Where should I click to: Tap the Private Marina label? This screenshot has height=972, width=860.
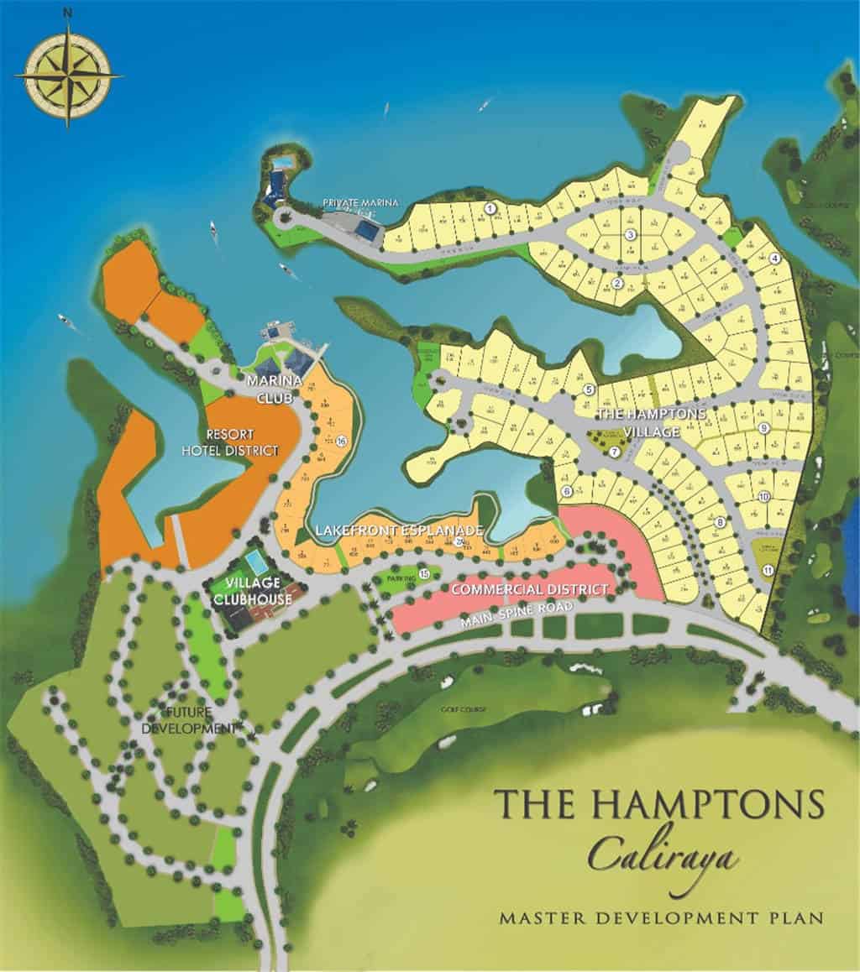(x=361, y=202)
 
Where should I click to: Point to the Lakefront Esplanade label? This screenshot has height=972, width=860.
(x=399, y=530)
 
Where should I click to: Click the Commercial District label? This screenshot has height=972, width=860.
(x=528, y=589)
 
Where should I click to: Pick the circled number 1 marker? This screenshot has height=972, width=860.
(x=491, y=208)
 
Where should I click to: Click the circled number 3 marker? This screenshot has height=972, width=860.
(x=629, y=236)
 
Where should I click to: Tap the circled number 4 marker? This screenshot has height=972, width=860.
(x=775, y=259)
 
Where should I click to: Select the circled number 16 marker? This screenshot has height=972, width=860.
(x=342, y=441)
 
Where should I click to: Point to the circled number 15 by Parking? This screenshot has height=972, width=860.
(x=425, y=573)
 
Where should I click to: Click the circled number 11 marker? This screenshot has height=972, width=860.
(x=768, y=570)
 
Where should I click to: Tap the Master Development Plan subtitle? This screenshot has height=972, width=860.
(x=661, y=917)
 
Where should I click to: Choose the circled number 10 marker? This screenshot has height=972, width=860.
(x=763, y=496)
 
